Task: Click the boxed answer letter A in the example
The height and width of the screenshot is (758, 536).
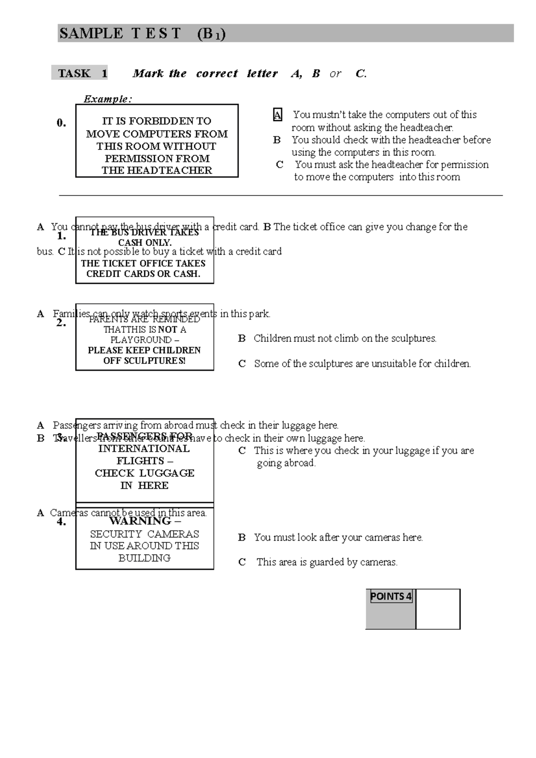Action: (277, 115)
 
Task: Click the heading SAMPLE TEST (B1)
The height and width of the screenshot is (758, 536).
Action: (142, 34)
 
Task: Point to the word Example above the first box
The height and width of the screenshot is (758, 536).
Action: (108, 99)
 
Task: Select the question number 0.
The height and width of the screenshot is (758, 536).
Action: (62, 123)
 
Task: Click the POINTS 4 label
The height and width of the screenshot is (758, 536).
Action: (391, 597)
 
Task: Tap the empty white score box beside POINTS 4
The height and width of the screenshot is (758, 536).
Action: (438, 609)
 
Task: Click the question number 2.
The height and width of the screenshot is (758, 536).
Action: (62, 323)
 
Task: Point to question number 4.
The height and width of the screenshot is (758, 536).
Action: (62, 521)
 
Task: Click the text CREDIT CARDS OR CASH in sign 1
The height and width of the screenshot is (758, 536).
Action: (143, 274)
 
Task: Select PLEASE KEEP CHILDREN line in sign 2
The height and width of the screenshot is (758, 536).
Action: (144, 350)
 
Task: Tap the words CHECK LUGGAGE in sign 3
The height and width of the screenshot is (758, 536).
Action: (144, 473)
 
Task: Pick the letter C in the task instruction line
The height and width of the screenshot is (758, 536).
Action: (361, 74)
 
